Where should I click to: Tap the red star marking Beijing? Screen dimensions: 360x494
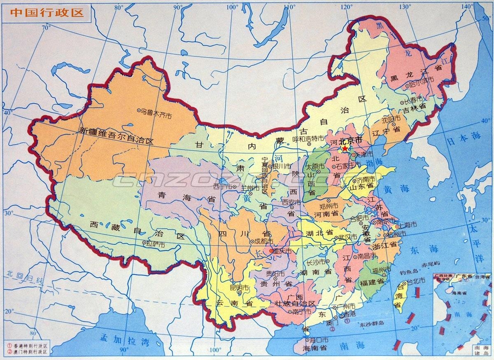coord(345,149)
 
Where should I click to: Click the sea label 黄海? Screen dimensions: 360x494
coord(397,189)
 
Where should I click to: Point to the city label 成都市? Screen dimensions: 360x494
coord(263,241)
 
